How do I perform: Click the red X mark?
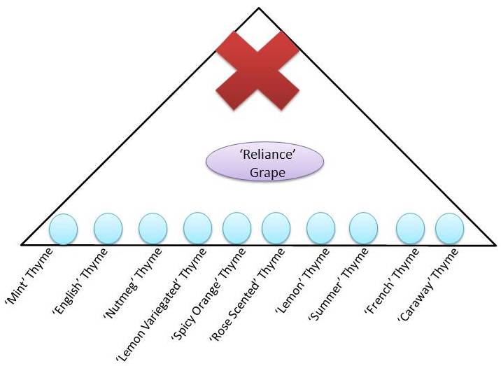coord(257,69)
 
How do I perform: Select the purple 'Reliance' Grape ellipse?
coord(264,162)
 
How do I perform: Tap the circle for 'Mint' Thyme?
coord(63,228)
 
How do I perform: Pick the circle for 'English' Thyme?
coord(108,228)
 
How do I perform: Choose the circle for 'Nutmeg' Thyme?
coord(153,228)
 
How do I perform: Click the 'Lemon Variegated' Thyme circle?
coord(197,228)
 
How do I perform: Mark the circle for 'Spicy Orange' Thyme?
coord(237,228)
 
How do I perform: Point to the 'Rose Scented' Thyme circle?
coord(276,228)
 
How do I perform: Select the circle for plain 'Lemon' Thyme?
coord(320,228)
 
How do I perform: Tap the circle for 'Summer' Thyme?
coord(363,228)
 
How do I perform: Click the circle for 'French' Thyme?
coord(410,228)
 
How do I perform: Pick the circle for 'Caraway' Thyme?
coord(449,228)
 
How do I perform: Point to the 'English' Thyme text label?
coord(78,276)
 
